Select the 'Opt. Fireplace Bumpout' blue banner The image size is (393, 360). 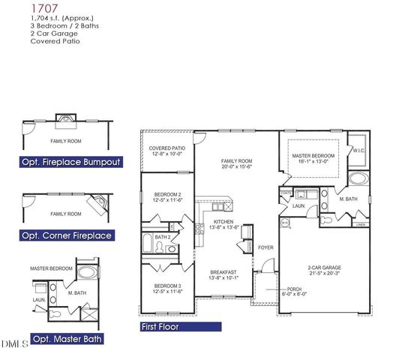pos(72,162)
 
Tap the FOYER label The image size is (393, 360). pos(265,246)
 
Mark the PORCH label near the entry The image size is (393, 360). pos(294,289)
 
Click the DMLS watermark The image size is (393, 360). pos(14,344)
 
